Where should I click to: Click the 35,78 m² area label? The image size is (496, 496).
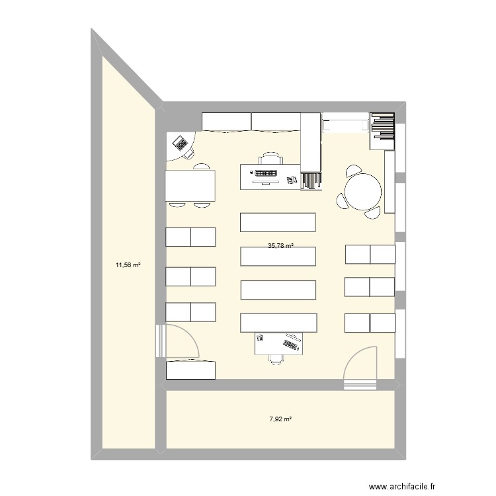280,245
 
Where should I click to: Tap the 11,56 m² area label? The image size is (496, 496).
129,265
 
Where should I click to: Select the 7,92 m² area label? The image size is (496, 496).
280,419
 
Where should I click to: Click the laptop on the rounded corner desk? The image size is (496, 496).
179,142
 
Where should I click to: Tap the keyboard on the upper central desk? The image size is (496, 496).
267,174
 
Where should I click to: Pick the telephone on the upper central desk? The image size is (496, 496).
291,179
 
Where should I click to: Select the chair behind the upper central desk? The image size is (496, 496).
270,158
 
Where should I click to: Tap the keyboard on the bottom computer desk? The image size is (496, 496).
291,343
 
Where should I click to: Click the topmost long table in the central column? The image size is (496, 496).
278,222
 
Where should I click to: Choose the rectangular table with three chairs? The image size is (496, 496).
190,186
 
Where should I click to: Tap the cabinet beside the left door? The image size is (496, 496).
191,370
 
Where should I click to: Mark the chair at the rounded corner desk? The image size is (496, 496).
188,153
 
